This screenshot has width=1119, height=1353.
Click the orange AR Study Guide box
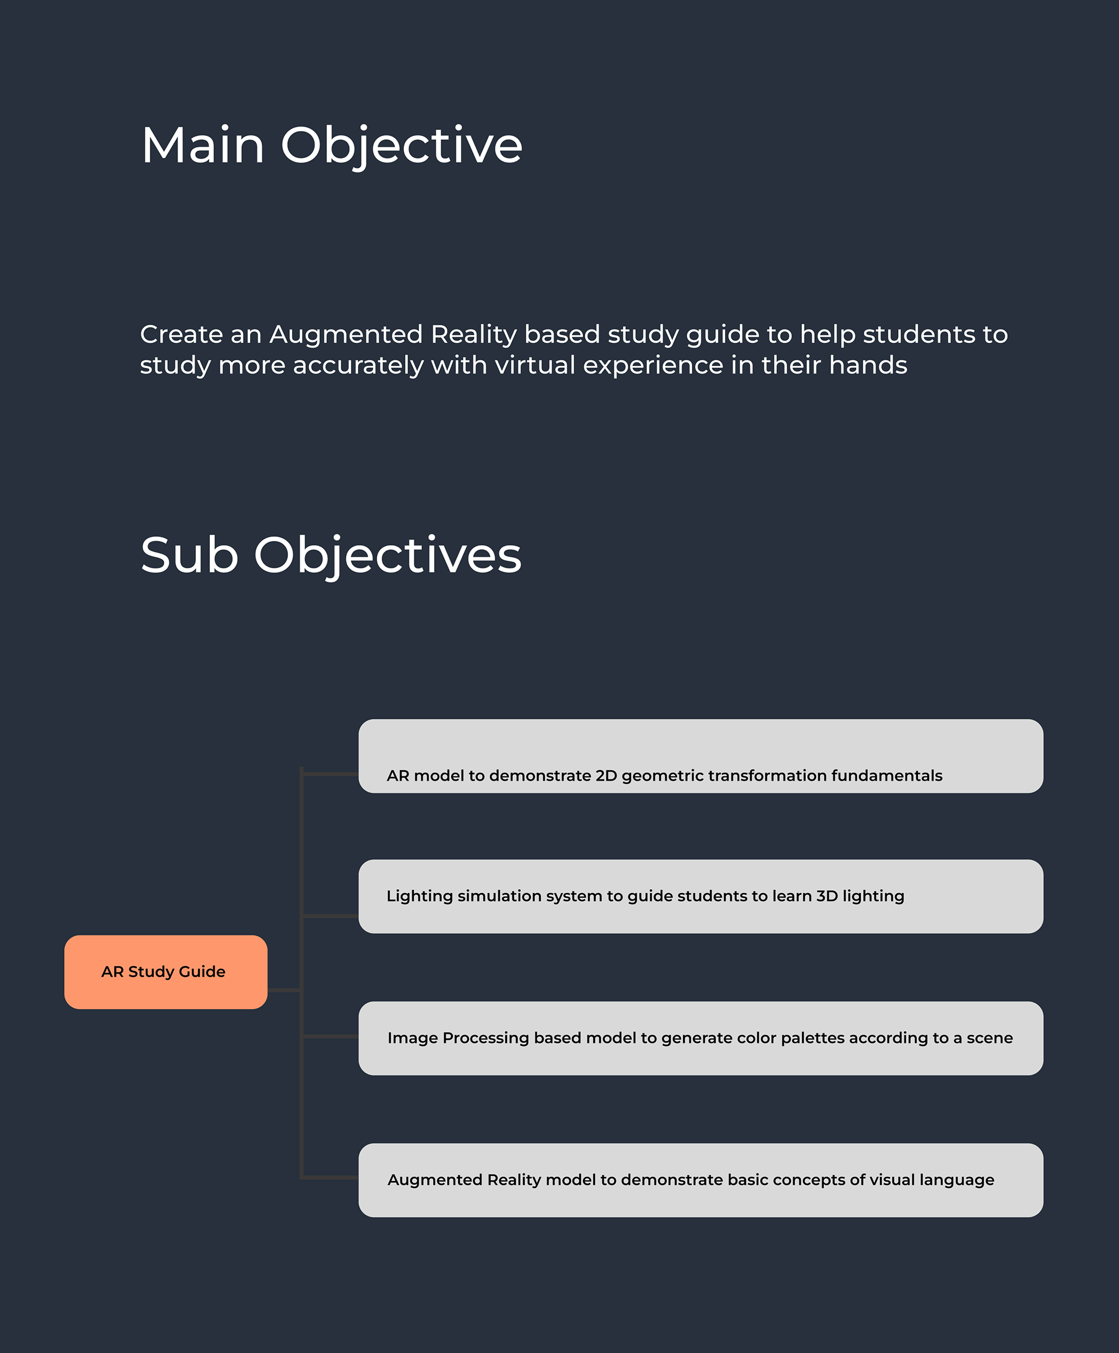166,972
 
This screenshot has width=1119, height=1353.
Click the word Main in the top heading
203,145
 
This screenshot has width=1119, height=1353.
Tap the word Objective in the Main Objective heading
402,145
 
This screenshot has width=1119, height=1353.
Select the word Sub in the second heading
189,555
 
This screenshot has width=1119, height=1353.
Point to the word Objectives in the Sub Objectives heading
388,555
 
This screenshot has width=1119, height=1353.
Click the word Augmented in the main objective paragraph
346,335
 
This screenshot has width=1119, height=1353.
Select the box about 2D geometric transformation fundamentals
701,755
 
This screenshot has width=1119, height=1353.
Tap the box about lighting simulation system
701,896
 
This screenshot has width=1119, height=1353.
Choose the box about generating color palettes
701,1038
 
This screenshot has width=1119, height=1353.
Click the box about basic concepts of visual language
701,1180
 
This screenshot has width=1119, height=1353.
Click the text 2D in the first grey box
606,775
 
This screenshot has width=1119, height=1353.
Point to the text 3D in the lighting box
827,895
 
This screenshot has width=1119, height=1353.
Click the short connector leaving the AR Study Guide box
284,990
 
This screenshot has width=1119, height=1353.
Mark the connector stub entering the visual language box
330,1177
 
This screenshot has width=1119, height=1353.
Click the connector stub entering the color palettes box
330,1036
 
